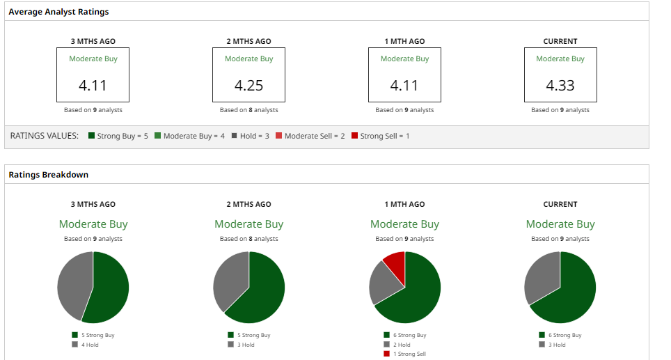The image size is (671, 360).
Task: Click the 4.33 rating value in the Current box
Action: [x=560, y=86]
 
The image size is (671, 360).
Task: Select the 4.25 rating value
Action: [x=248, y=86]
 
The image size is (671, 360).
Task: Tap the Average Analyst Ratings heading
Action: [x=58, y=12]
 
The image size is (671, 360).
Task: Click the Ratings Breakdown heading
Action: [x=48, y=175]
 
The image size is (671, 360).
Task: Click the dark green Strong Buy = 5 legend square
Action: [x=91, y=136]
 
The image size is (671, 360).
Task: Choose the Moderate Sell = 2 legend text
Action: [x=315, y=136]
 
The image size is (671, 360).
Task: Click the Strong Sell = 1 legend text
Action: [x=385, y=136]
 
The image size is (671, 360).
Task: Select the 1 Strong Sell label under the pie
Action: [x=409, y=354]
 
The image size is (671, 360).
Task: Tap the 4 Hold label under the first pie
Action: [x=90, y=345]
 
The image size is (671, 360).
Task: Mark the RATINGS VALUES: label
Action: [x=44, y=136]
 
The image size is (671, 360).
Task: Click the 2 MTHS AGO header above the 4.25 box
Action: [x=248, y=41]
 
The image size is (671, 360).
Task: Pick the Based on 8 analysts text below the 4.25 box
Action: [x=248, y=110]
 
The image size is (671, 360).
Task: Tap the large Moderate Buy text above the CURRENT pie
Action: [x=560, y=224]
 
